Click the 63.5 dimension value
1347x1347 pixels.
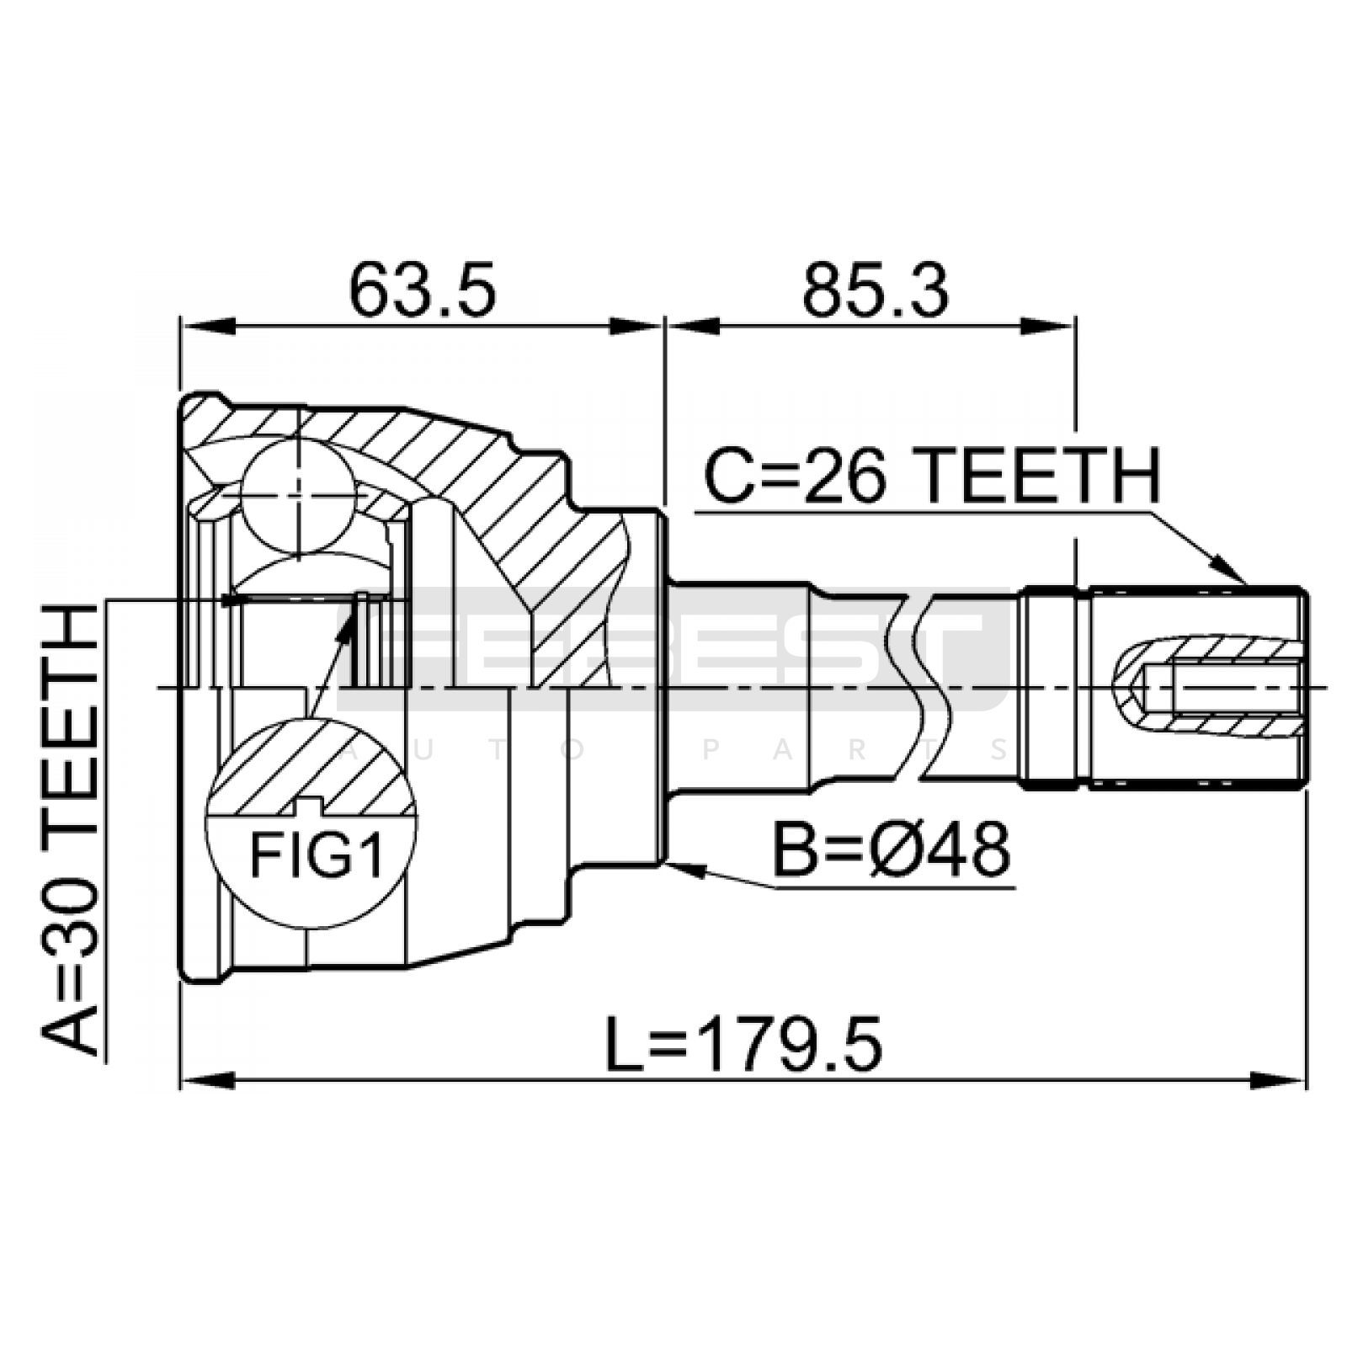coord(423,290)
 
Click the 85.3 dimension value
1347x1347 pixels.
coord(876,290)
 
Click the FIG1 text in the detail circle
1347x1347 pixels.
coord(316,856)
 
